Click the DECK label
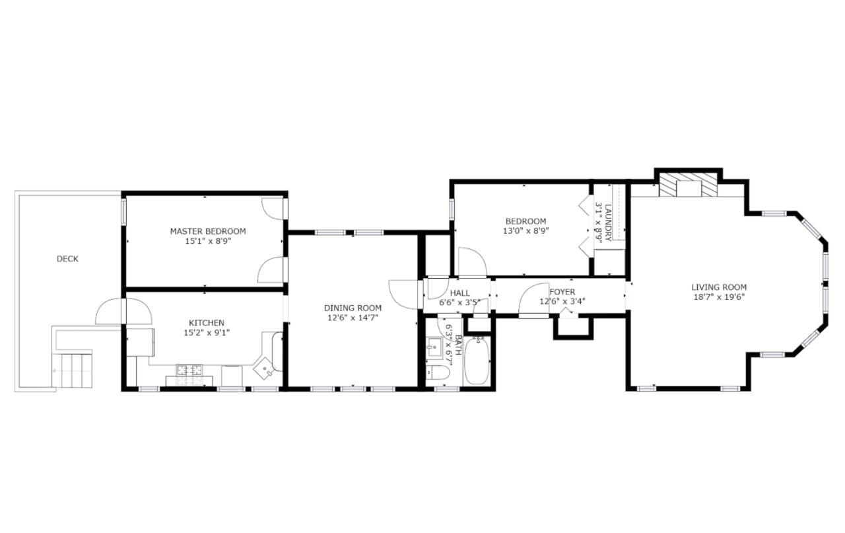[x=67, y=259]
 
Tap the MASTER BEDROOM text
[x=208, y=231]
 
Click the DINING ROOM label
[x=353, y=308]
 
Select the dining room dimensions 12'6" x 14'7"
[x=353, y=318]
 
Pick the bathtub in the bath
[x=476, y=362]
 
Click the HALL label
[x=459, y=293]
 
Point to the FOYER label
[x=562, y=291]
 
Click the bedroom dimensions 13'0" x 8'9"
[x=526, y=231]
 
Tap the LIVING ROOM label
[x=719, y=287]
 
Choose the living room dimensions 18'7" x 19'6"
[x=719, y=297]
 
